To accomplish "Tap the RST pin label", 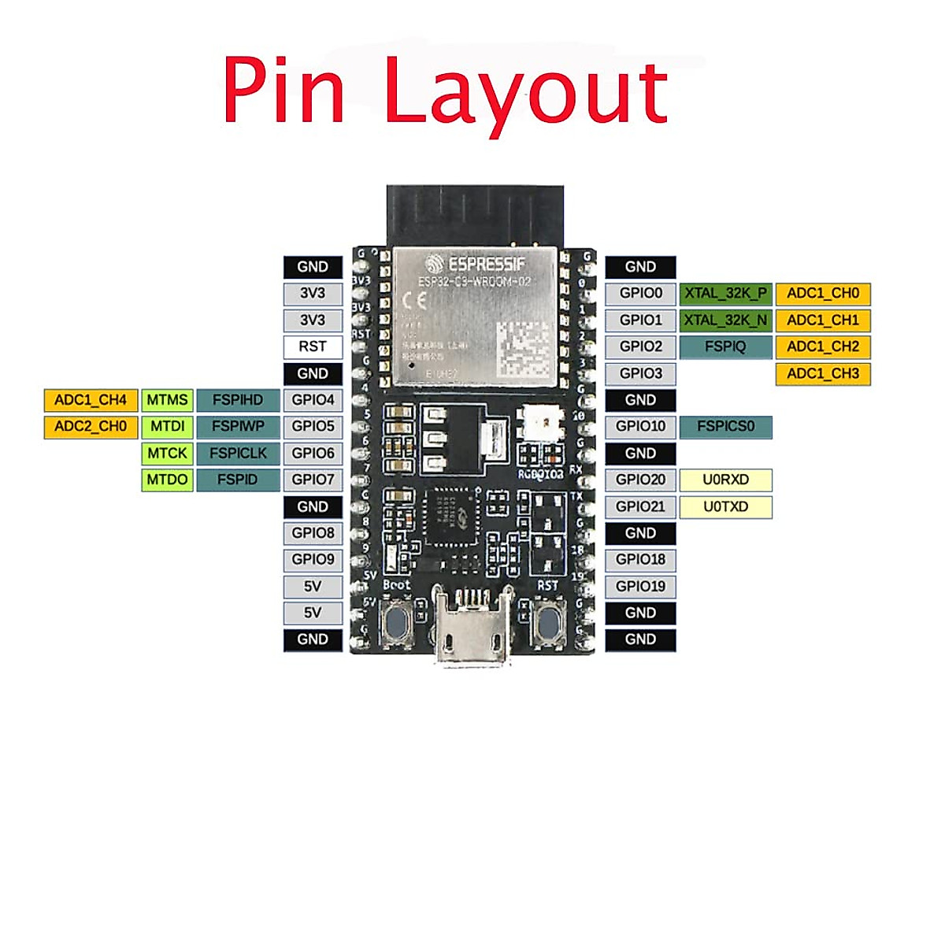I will click(313, 346).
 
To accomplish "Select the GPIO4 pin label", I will click(313, 400).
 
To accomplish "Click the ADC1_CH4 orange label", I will click(91, 400).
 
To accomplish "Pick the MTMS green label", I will click(167, 400).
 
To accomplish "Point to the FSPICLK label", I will click(238, 454).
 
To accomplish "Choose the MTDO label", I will click(167, 480).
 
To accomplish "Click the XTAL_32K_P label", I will click(725, 294).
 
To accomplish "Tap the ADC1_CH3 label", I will click(823, 373).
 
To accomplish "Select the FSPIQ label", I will click(725, 346).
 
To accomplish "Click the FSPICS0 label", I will click(725, 427).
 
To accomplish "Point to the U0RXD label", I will click(725, 480).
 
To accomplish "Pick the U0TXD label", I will click(725, 506).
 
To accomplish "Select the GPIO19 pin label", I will click(640, 586).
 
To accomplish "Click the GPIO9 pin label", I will click(313, 559).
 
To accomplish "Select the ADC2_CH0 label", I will click(91, 427).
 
